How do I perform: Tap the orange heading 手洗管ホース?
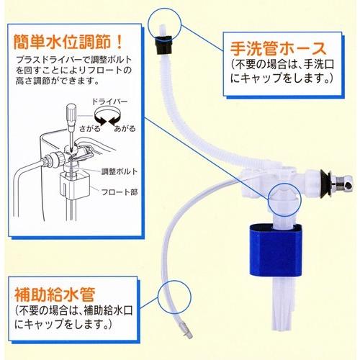pyautogui.click(x=278, y=48)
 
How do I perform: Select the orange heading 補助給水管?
pyautogui.click(x=55, y=294)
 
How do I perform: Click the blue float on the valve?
pyautogui.click(x=276, y=250)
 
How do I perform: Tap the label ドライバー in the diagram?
pyautogui.click(x=109, y=101)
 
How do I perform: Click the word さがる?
pyautogui.click(x=90, y=129)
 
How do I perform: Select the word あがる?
pyautogui.click(x=125, y=129)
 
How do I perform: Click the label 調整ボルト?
pyautogui.click(x=120, y=171)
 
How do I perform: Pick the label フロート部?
pyautogui.click(x=120, y=192)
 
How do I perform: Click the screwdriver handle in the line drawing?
pyautogui.click(x=71, y=114)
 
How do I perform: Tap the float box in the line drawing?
pyautogui.click(x=75, y=186)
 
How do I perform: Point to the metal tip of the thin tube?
pyautogui.click(x=186, y=330)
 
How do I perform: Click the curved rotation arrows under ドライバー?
pyautogui.click(x=107, y=116)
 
